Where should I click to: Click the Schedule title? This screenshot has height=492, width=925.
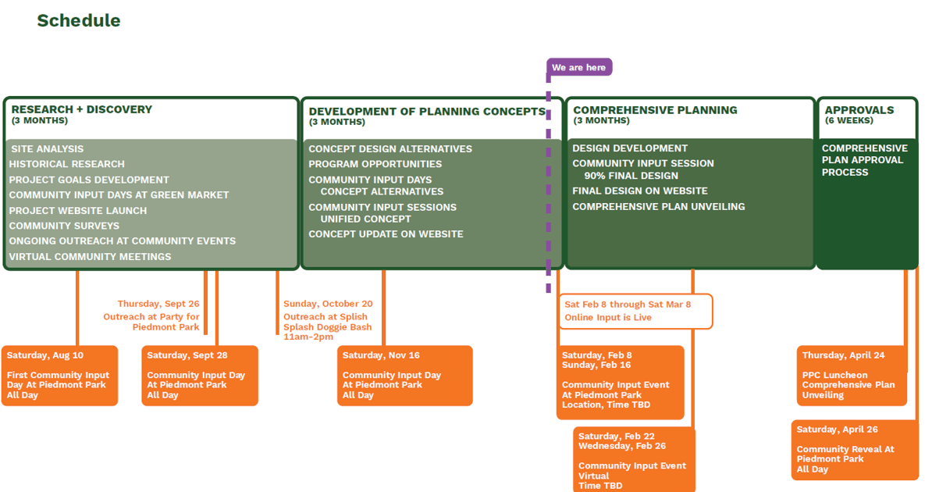tap(78, 21)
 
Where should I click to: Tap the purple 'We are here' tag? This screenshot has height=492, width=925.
tap(579, 68)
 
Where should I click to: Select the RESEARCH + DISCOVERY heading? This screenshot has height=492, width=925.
tap(81, 109)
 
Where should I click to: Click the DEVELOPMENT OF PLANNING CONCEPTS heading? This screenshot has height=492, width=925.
tap(426, 112)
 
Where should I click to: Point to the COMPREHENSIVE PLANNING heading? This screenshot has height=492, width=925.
tap(654, 110)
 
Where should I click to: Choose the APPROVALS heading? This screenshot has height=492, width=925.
tap(859, 110)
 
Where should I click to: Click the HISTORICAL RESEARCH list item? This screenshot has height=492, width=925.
tap(66, 164)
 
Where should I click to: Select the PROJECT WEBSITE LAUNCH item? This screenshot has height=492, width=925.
tap(77, 210)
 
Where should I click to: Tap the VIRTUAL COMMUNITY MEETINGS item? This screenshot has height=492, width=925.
tap(90, 256)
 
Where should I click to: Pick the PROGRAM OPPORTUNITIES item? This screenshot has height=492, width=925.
tap(375, 164)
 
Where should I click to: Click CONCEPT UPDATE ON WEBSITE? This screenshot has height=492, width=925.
tap(386, 234)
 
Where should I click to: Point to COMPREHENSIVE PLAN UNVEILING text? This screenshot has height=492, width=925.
tap(658, 207)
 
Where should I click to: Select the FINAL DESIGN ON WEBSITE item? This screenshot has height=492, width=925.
tap(639, 191)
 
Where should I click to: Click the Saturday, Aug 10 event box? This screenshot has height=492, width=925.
tap(59, 376)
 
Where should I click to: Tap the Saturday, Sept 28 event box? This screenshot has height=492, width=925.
tap(199, 376)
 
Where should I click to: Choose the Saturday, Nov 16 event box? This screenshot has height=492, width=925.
tap(404, 376)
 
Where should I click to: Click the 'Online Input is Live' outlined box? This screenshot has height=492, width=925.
tap(635, 311)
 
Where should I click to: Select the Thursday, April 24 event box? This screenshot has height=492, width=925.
tap(852, 376)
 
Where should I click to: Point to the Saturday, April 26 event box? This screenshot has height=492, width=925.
tap(854, 450)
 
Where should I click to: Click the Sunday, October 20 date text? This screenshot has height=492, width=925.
tap(327, 304)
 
